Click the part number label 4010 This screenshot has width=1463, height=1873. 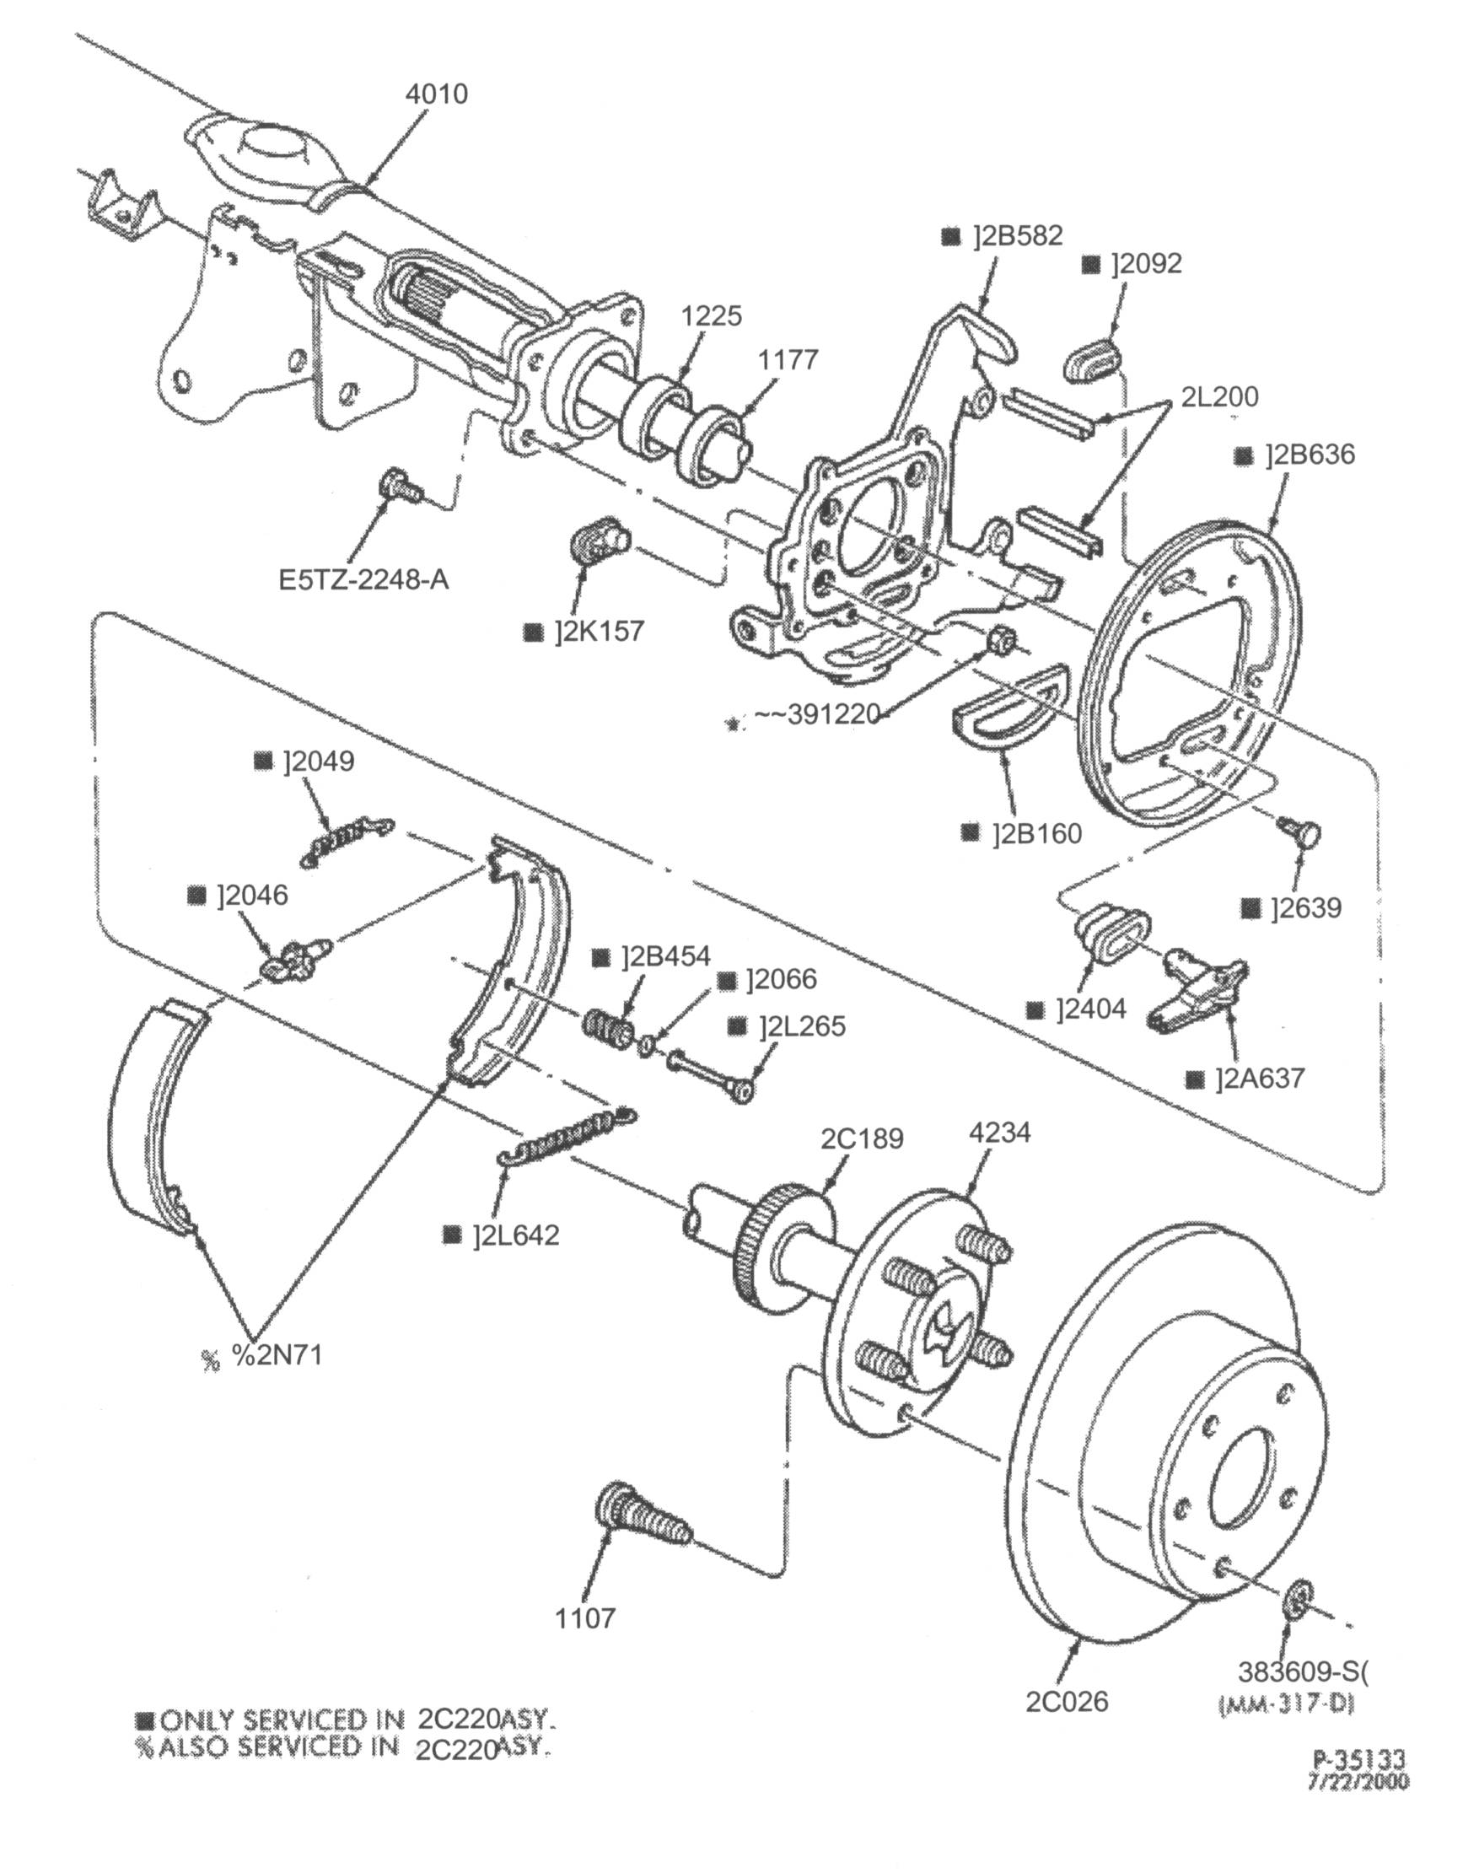[x=437, y=94]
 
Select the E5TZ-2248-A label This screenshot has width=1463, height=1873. [x=363, y=579]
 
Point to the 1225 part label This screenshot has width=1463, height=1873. [x=711, y=315]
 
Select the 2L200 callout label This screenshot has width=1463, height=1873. [x=1219, y=396]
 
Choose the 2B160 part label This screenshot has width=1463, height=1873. [x=1037, y=832]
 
